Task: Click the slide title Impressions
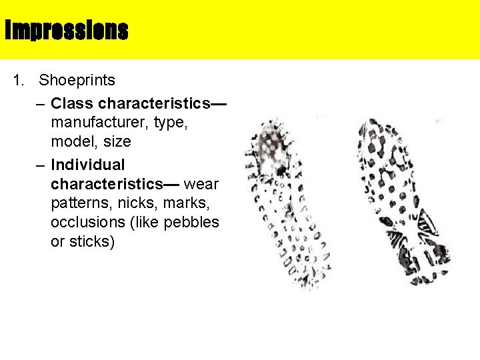click(66, 30)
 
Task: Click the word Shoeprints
click(77, 81)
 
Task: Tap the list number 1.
click(17, 81)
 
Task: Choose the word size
click(117, 142)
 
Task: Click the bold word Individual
click(88, 164)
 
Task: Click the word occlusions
click(86, 222)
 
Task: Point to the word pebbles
click(193, 222)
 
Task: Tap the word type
click(169, 123)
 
